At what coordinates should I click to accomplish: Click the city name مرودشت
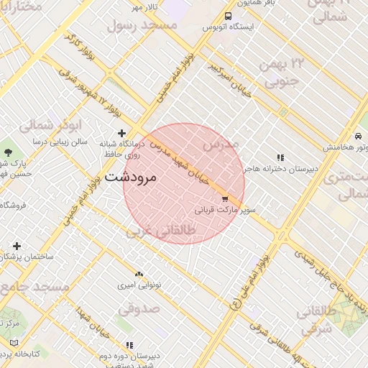(x=130, y=176)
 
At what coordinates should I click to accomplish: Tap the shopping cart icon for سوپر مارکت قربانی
(x=225, y=199)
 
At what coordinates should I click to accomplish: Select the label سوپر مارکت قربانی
(x=224, y=211)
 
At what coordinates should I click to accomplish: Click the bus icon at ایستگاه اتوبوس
(x=228, y=16)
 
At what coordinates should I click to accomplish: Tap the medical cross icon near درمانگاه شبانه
(x=121, y=133)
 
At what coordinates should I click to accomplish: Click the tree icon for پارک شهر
(x=8, y=152)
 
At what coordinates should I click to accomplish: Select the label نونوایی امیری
(x=141, y=285)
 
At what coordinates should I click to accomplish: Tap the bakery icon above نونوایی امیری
(x=139, y=275)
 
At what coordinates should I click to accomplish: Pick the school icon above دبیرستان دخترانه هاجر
(x=280, y=157)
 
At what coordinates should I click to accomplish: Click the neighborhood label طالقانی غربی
(x=160, y=232)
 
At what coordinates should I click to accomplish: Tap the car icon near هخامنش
(x=357, y=136)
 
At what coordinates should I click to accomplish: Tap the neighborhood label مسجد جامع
(x=34, y=287)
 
